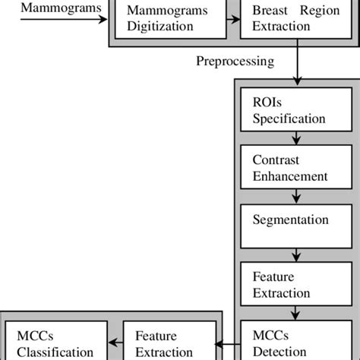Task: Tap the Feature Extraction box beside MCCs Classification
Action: tap(165, 343)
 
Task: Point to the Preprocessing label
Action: tap(235, 61)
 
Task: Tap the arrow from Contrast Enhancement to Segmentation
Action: tap(292, 195)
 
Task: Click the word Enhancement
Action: tap(289, 176)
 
